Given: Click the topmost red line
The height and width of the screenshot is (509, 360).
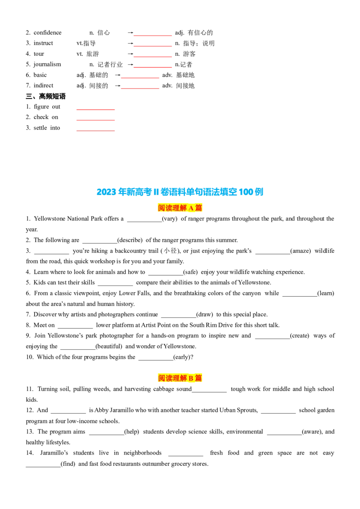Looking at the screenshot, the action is tap(153, 36).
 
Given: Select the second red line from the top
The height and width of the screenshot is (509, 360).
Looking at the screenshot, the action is tap(153, 45).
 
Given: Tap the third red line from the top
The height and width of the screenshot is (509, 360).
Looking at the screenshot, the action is tap(153, 56).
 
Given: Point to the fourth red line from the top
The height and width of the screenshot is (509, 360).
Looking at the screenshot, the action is tap(153, 67).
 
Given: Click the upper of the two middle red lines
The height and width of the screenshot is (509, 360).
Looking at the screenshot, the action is tap(140, 77).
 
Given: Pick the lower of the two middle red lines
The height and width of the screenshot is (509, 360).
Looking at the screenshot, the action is tap(140, 88).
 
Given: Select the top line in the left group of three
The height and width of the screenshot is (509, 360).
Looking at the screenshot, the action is tap(95, 110).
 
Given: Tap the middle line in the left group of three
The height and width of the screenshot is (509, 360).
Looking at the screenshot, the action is tap(95, 121).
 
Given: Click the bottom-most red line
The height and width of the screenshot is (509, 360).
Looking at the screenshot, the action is tap(95, 131).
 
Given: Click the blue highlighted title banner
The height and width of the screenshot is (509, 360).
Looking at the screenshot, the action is tap(180, 192).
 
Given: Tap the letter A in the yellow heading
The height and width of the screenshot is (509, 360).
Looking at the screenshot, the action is tap(191, 208).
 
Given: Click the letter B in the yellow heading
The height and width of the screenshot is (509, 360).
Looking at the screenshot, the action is tap(191, 378).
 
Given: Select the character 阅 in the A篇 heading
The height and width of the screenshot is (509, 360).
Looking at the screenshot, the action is tap(162, 208).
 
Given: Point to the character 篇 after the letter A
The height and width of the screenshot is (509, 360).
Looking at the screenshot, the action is tap(198, 208).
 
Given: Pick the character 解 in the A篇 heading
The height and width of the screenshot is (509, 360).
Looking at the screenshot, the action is tap(183, 208).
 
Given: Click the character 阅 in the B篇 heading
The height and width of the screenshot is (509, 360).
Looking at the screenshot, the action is tap(162, 378).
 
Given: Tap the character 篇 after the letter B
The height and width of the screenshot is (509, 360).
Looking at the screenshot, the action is tap(198, 378).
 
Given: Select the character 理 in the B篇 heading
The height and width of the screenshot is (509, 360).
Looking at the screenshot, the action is tap(176, 378).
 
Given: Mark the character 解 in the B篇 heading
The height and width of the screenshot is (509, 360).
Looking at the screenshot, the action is tap(183, 378).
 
